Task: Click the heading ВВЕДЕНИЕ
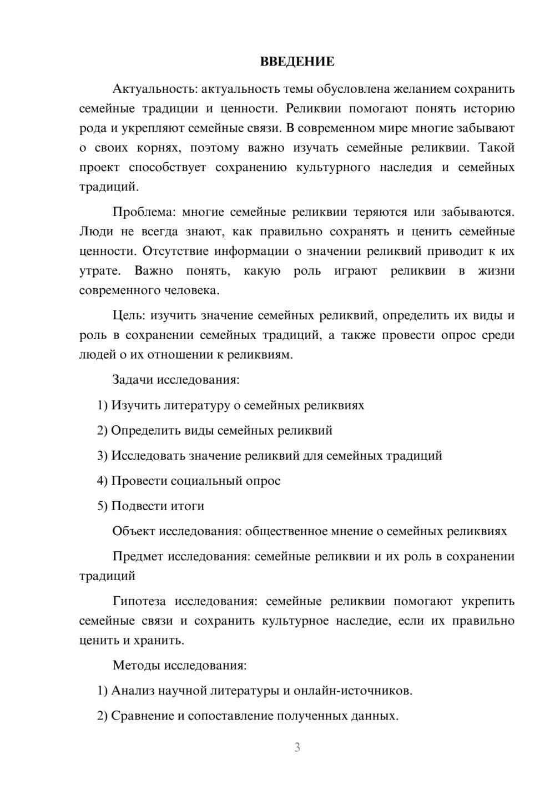pyautogui.click(x=297, y=62)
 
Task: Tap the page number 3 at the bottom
pyautogui.click(x=297, y=747)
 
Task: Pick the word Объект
pyautogui.click(x=134, y=531)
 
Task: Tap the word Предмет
pyautogui.click(x=138, y=556)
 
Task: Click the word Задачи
pyautogui.click(x=133, y=380)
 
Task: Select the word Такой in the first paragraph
pyautogui.click(x=496, y=148)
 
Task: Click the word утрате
pyautogui.click(x=99, y=271)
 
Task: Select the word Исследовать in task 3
pyautogui.click(x=148, y=456)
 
